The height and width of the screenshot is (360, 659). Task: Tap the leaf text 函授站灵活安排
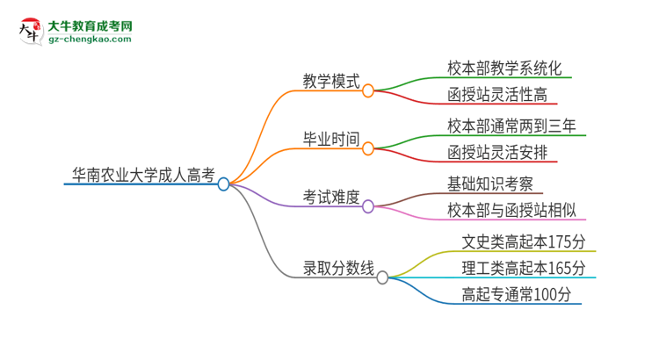496,153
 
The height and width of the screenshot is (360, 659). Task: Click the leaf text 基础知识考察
489,184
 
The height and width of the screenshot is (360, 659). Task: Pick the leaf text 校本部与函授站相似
511,211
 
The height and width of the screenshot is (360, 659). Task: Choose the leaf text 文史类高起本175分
523,241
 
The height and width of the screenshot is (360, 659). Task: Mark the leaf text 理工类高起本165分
523,268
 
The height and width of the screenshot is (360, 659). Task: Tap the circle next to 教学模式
368,90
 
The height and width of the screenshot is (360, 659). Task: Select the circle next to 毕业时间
368,148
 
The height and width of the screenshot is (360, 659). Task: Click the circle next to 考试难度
368,206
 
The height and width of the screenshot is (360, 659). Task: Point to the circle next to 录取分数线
382,277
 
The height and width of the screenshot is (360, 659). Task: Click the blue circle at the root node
223,184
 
